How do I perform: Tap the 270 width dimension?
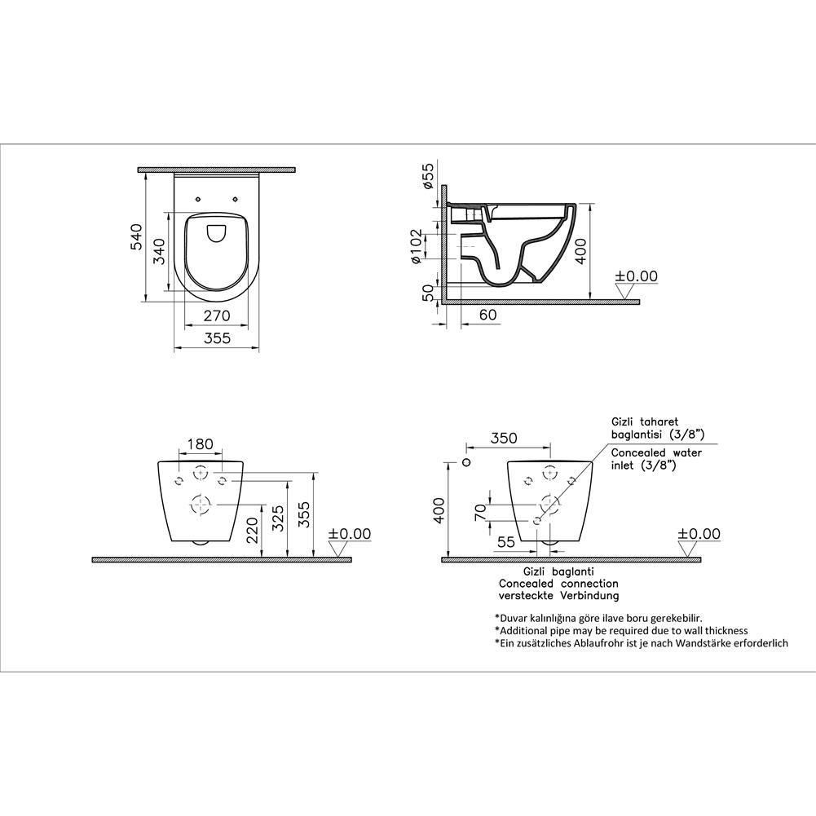[217, 315]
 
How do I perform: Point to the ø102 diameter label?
[416, 247]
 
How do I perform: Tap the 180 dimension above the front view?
[200, 444]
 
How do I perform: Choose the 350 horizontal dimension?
[505, 438]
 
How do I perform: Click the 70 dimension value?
[480, 512]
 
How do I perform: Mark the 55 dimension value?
[505, 541]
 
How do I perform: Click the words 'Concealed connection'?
[558, 584]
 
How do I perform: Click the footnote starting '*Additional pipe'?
[620, 630]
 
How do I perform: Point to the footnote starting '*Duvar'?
[598, 618]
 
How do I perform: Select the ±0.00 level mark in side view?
[636, 277]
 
